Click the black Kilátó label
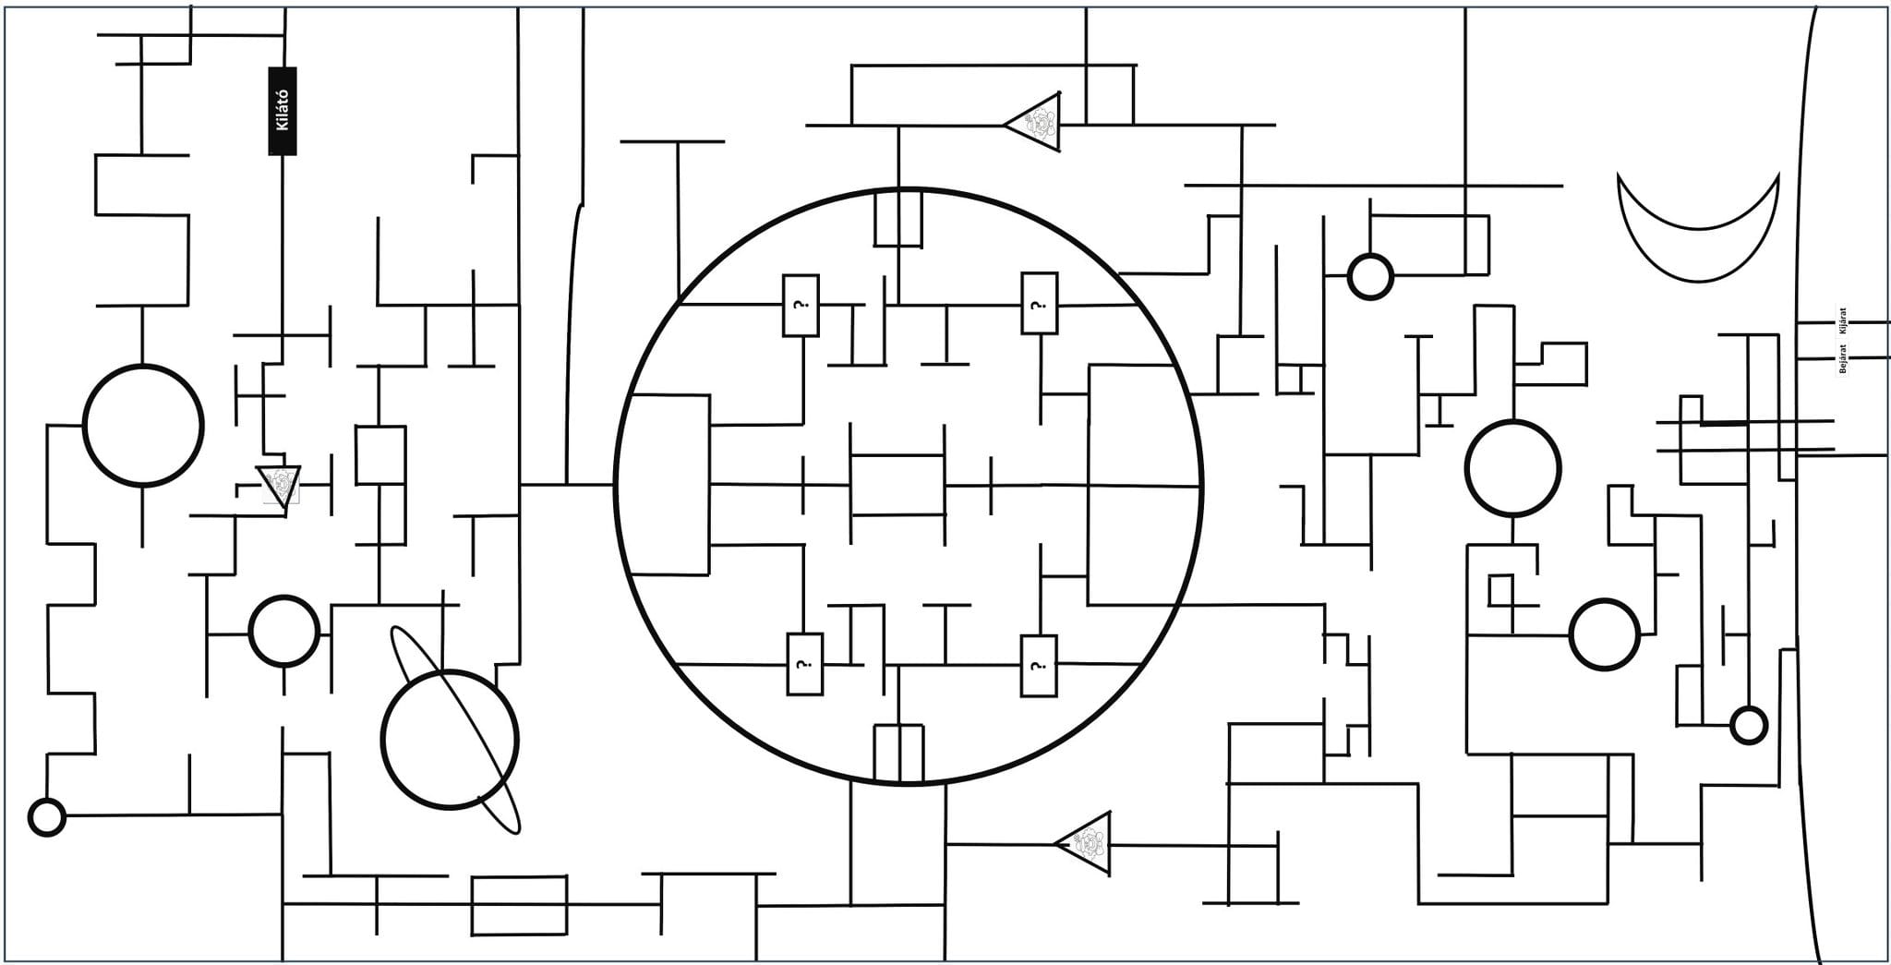[x=283, y=111]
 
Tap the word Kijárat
[x=1842, y=322]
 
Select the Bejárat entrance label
[x=1843, y=358]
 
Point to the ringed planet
[x=451, y=739]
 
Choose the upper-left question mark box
[x=801, y=305]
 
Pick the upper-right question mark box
[x=1039, y=303]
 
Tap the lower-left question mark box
[x=804, y=664]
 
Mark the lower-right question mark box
[x=1039, y=666]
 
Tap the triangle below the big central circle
[x=1086, y=843]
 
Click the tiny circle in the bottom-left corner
[x=47, y=817]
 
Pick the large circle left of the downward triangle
[x=143, y=425]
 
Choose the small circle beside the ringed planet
[x=284, y=631]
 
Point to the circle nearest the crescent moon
[x=1370, y=276]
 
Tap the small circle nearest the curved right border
[x=1748, y=725]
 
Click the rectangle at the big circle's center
[x=897, y=484]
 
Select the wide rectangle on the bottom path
[x=519, y=905]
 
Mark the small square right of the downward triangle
[x=380, y=454]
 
